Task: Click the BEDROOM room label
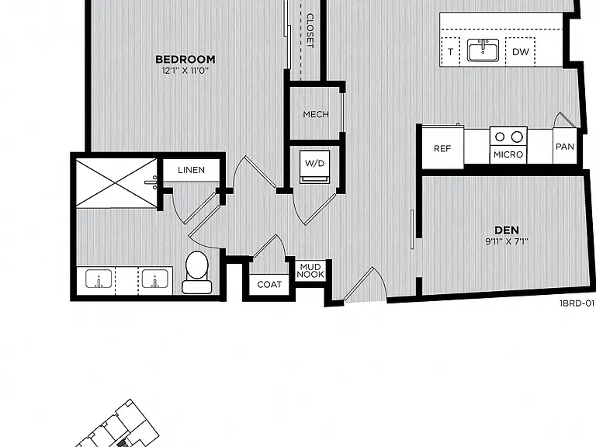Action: coord(185,59)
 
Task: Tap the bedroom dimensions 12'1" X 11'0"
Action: coord(185,71)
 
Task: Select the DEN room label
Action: coord(507,230)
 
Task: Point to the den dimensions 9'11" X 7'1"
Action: coord(507,241)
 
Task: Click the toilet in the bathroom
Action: coord(197,272)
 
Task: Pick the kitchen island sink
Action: coord(483,50)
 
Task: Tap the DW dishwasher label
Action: coord(521,52)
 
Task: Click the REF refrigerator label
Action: coord(442,149)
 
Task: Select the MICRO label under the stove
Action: coord(508,154)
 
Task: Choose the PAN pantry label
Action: coord(565,147)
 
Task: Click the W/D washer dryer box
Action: coord(315,167)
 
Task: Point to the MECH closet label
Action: coord(316,114)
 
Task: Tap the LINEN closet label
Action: coord(191,170)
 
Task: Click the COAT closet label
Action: coord(269,284)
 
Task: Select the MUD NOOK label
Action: coord(310,271)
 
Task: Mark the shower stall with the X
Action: coord(116,184)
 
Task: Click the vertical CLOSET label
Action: coord(310,31)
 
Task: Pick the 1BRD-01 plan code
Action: coord(577,303)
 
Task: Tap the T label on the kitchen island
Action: coord(451,52)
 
